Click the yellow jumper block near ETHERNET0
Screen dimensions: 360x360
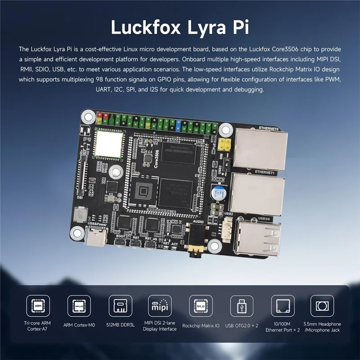(x=224, y=144)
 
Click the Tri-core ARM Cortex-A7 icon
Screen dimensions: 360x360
(x=38, y=306)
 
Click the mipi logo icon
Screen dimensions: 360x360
(x=160, y=306)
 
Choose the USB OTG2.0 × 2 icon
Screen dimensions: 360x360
(x=242, y=306)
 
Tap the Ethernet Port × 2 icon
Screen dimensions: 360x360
(x=283, y=306)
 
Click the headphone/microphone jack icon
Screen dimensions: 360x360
(x=322, y=306)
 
